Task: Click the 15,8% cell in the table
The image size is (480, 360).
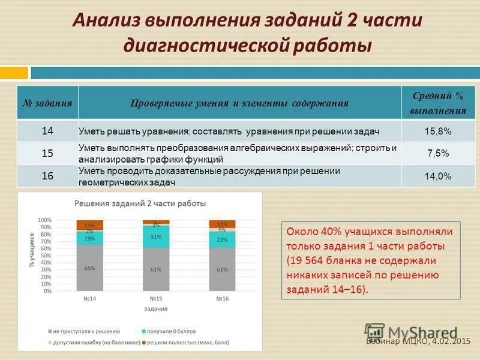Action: point(439,130)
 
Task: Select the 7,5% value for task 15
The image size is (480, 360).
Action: point(439,153)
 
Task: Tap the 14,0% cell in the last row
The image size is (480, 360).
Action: point(439,176)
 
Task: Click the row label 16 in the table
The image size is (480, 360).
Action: point(47,176)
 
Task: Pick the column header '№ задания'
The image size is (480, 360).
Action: point(47,103)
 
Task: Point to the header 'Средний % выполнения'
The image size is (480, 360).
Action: point(439,103)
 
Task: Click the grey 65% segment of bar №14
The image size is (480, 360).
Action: point(90,268)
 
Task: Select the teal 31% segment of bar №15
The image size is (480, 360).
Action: point(156,236)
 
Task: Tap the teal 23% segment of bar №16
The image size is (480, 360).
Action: point(222,239)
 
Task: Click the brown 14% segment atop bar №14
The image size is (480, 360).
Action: point(90,225)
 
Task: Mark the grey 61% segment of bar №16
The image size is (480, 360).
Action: point(222,269)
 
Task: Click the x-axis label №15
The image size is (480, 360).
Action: point(156,298)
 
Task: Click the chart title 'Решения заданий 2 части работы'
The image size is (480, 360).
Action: point(140,203)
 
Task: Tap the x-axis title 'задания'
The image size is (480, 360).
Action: point(155,308)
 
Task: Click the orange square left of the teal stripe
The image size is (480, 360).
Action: point(14,73)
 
